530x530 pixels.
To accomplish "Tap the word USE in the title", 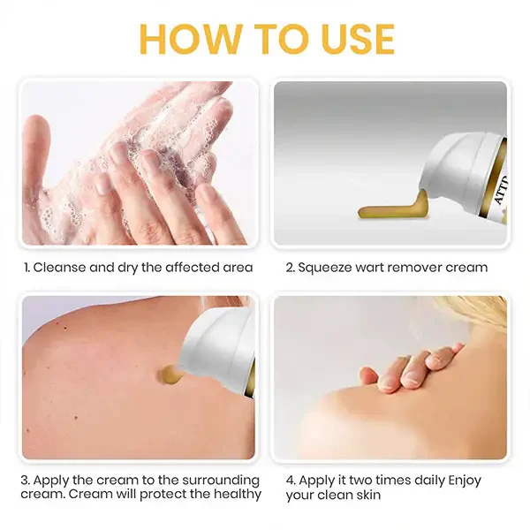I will click(347, 39).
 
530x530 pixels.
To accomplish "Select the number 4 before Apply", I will click(291, 480).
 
